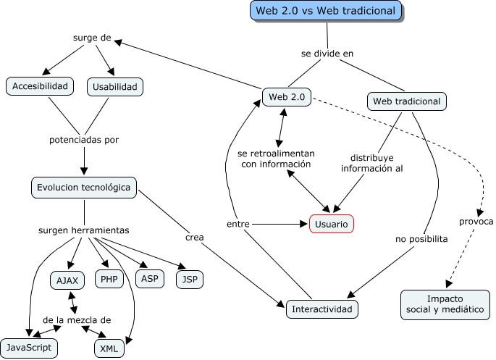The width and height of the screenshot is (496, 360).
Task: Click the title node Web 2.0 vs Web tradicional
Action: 326,11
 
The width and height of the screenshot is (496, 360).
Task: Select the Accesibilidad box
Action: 41,86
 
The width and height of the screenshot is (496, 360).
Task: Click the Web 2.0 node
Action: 287,96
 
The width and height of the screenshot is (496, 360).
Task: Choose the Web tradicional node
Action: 405,101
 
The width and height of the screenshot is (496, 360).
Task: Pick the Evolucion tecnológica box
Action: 84,188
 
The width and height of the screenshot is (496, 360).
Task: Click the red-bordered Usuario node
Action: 332,225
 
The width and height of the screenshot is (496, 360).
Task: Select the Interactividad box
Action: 322,309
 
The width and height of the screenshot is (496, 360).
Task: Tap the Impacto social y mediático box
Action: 445,304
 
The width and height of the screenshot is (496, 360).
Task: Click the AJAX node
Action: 68,280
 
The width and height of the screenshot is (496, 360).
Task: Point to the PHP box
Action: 109,279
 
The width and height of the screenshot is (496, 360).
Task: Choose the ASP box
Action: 149,278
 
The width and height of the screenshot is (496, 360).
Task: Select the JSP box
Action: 190,278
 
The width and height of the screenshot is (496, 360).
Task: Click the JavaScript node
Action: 28,347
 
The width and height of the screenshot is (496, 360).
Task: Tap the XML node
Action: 109,348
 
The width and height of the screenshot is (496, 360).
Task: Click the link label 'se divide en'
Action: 327,54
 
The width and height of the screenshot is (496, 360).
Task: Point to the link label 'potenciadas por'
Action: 84,139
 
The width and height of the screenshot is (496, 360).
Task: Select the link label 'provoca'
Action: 476,222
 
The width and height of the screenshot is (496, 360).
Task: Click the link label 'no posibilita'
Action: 421,238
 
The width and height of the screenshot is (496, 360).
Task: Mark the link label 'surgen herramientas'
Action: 83,230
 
